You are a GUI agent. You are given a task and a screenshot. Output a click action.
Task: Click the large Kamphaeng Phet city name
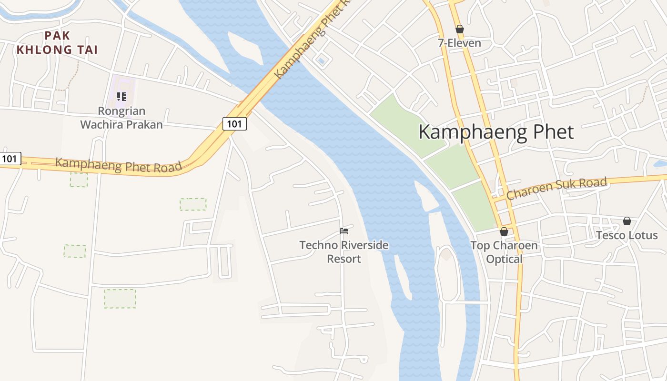click(496, 132)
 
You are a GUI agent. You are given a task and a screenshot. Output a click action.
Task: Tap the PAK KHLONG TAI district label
click(57, 42)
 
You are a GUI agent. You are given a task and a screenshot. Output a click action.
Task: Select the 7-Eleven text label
click(459, 43)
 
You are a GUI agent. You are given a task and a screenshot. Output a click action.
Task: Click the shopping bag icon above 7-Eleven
click(460, 29)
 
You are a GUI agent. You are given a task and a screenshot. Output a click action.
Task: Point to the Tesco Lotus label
click(627, 235)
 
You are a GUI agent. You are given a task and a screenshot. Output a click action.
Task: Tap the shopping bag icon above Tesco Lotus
click(627, 221)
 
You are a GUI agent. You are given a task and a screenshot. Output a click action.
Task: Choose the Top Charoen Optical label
click(504, 252)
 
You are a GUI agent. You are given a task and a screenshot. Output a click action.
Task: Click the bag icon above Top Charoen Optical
click(504, 232)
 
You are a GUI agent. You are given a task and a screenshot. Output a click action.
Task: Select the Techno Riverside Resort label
click(344, 252)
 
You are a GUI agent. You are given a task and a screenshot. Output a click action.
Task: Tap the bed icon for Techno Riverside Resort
click(344, 231)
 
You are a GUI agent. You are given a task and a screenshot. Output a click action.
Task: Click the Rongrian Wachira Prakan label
click(121, 118)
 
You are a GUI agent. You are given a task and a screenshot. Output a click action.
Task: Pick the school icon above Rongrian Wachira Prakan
click(121, 97)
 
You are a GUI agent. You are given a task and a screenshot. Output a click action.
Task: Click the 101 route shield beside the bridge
click(234, 124)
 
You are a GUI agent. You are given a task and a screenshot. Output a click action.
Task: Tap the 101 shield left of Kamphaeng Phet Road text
click(10, 159)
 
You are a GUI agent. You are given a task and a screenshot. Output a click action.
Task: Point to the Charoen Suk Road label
click(556, 188)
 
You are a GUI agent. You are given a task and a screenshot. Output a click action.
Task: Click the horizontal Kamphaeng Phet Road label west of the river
click(119, 165)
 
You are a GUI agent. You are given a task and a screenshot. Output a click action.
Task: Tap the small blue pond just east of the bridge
click(321, 60)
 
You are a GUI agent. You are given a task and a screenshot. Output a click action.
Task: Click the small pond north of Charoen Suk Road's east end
click(660, 164)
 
